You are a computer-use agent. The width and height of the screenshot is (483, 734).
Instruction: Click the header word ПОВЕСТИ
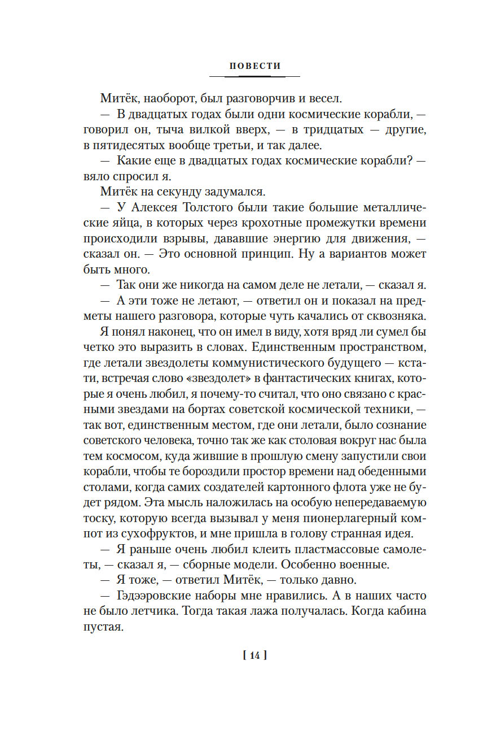pyautogui.click(x=254, y=66)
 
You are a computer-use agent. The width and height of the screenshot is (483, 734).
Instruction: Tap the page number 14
pyautogui.click(x=254, y=655)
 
